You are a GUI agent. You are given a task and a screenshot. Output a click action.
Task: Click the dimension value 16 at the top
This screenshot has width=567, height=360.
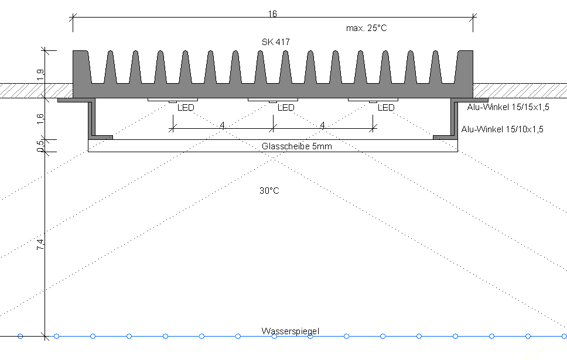272,13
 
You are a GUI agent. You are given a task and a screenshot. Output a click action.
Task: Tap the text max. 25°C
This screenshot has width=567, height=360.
366,28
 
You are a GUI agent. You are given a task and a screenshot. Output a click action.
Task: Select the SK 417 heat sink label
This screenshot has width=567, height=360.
275,42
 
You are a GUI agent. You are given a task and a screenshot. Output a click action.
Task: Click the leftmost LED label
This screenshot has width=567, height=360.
186,107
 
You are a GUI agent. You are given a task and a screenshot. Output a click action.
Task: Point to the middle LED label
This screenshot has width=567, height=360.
286,107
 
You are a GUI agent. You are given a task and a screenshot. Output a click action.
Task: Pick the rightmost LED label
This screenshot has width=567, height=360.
386,107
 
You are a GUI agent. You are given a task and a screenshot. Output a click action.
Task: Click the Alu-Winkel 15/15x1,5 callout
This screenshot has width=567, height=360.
508,107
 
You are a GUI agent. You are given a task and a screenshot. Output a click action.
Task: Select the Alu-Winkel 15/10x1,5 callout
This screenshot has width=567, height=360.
502,129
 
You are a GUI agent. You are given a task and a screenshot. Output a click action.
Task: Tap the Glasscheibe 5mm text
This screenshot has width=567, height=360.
297,146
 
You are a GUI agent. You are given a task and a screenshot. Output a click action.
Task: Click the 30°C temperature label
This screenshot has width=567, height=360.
269,190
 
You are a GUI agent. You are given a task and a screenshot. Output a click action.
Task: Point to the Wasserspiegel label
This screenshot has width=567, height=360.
291,331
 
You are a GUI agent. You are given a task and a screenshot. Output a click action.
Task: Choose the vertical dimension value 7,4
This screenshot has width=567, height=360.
40,244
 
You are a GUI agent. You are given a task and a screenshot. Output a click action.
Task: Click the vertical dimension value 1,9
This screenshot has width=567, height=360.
40,74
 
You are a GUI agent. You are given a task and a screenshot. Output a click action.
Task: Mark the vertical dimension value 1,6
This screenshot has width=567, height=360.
40,119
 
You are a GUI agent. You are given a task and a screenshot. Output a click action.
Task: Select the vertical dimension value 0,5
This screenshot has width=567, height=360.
40,145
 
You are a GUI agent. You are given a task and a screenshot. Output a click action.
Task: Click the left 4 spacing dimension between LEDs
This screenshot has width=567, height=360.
222,125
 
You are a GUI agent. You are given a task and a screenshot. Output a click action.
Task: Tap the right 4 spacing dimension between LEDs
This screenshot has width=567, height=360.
322,125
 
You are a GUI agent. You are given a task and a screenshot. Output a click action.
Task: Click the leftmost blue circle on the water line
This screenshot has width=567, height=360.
21,336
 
